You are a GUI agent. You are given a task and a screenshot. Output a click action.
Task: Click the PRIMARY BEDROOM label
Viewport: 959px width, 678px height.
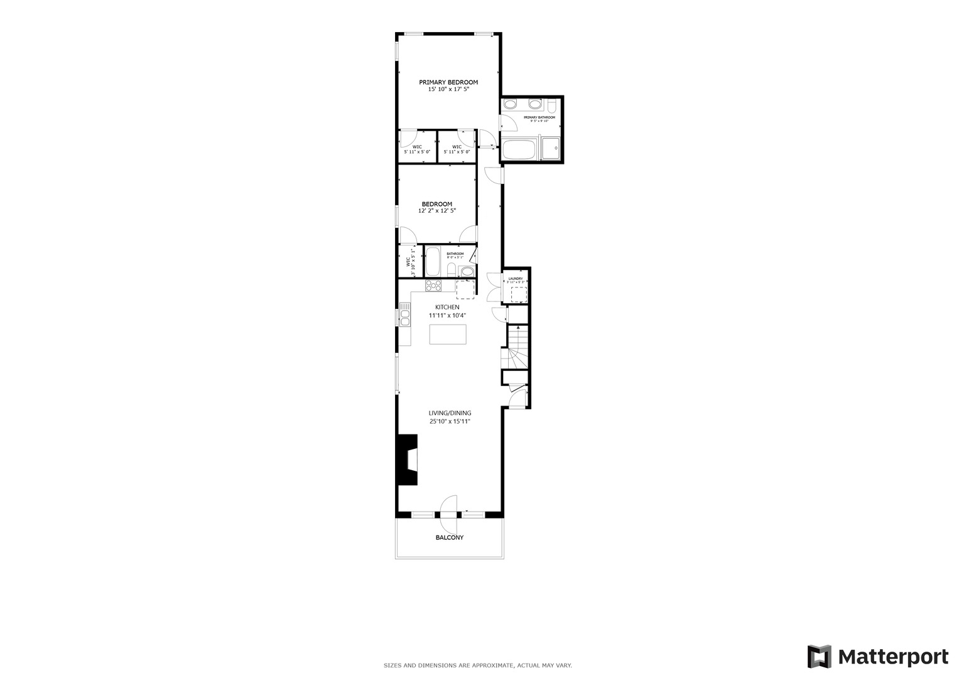(x=448, y=82)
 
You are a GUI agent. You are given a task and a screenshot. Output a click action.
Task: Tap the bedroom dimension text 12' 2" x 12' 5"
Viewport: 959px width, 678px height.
(x=436, y=211)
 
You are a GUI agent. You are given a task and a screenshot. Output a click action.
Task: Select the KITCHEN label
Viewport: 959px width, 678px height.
(x=447, y=307)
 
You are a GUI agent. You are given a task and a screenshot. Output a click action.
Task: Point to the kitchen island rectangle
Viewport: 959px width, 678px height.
(x=448, y=334)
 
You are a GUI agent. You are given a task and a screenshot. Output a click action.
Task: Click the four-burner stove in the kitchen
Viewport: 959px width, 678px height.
(x=433, y=286)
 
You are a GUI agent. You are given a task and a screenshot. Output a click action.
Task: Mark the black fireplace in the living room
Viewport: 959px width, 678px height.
(x=407, y=460)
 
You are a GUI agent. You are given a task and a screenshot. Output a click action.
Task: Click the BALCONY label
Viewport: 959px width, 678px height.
(x=449, y=537)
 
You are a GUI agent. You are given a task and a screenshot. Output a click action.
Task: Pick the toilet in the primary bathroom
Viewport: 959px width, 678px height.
(x=551, y=105)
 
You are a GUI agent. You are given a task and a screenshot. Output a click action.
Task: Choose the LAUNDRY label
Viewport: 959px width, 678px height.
(x=516, y=279)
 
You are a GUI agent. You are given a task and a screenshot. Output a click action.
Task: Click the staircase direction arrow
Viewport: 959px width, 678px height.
(x=518, y=328)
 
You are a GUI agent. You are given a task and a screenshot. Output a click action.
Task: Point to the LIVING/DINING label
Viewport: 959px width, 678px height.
(x=450, y=413)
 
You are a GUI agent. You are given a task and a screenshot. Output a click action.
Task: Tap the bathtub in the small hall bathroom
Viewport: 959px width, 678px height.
(x=433, y=262)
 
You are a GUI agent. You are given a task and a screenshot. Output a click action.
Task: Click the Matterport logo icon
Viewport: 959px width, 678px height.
(x=820, y=657)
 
